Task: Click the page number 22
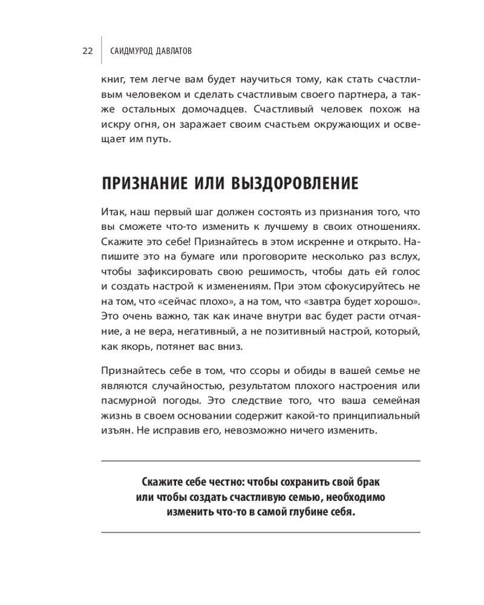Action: pyautogui.click(x=87, y=51)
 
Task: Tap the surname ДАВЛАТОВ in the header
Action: pyautogui.click(x=168, y=51)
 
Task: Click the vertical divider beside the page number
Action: pyautogui.click(x=101, y=51)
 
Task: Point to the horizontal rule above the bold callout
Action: pyautogui.click(x=260, y=461)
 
